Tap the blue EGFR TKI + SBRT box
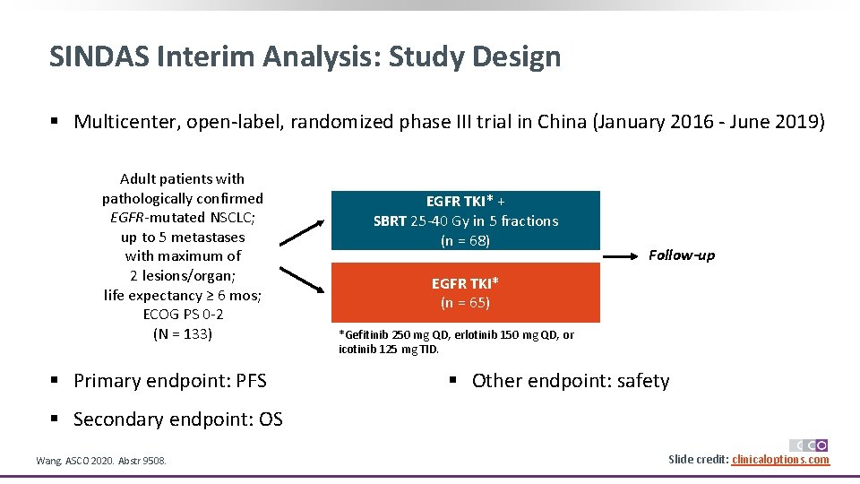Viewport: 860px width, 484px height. point(465,220)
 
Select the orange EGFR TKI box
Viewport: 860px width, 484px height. point(465,292)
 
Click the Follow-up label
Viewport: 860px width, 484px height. point(682,255)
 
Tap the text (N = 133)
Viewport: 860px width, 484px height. point(183,333)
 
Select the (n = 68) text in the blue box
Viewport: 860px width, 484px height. point(465,240)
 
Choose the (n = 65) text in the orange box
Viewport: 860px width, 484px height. point(465,303)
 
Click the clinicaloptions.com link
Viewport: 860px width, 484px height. point(780,460)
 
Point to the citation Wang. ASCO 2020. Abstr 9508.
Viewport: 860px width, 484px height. point(100,461)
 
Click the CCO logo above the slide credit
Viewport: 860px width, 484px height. point(808,445)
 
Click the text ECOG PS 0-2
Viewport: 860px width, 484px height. point(183,315)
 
